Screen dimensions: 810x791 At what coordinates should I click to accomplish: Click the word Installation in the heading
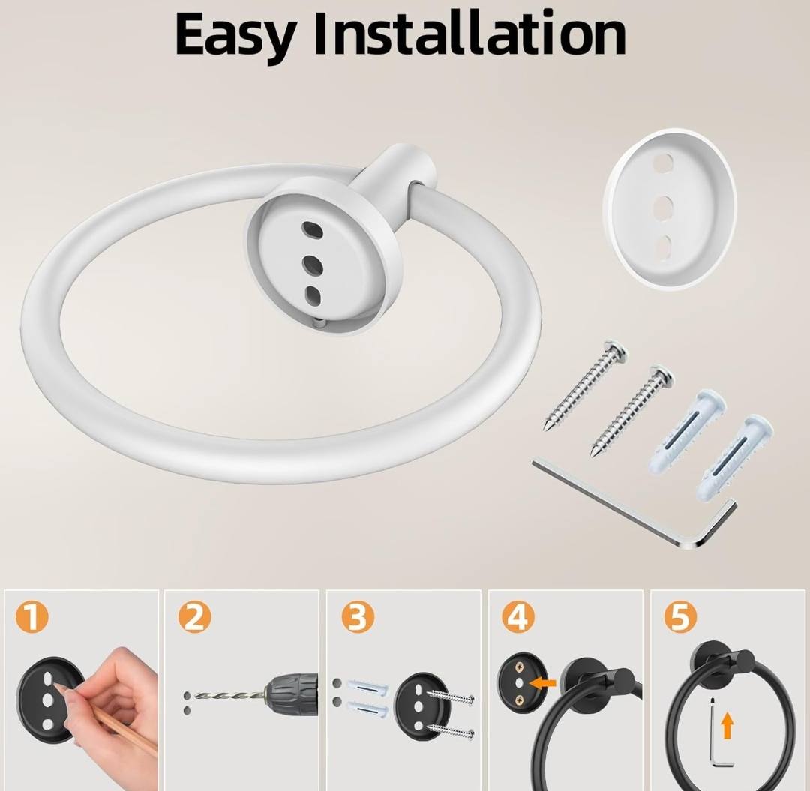[470, 32]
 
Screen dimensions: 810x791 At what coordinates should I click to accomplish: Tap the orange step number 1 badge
[31, 617]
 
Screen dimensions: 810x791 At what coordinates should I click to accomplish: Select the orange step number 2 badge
[195, 616]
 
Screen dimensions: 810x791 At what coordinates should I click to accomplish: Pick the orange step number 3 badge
[357, 616]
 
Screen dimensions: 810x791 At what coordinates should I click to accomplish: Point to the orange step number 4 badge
[518, 616]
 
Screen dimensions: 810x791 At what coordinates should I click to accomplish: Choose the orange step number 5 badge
[680, 616]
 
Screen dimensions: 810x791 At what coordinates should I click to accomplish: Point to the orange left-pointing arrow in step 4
[544, 684]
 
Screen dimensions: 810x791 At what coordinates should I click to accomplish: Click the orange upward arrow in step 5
[727, 724]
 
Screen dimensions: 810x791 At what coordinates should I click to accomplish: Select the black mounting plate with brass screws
[520, 683]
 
